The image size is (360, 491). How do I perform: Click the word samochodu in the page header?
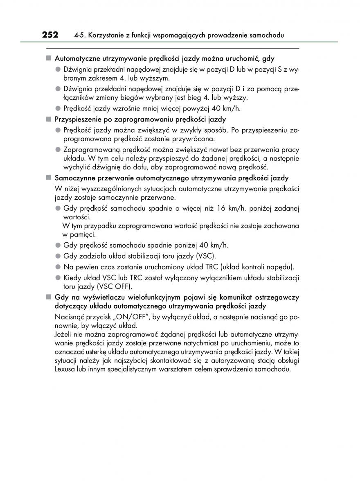point(268,36)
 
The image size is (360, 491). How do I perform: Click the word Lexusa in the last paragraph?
point(65,369)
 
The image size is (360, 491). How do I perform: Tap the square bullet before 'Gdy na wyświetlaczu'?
point(48,297)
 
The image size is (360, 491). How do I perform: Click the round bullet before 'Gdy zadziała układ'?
point(58,256)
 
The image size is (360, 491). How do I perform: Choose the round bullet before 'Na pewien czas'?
point(58,267)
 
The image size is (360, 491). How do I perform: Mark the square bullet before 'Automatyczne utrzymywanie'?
point(48,58)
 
